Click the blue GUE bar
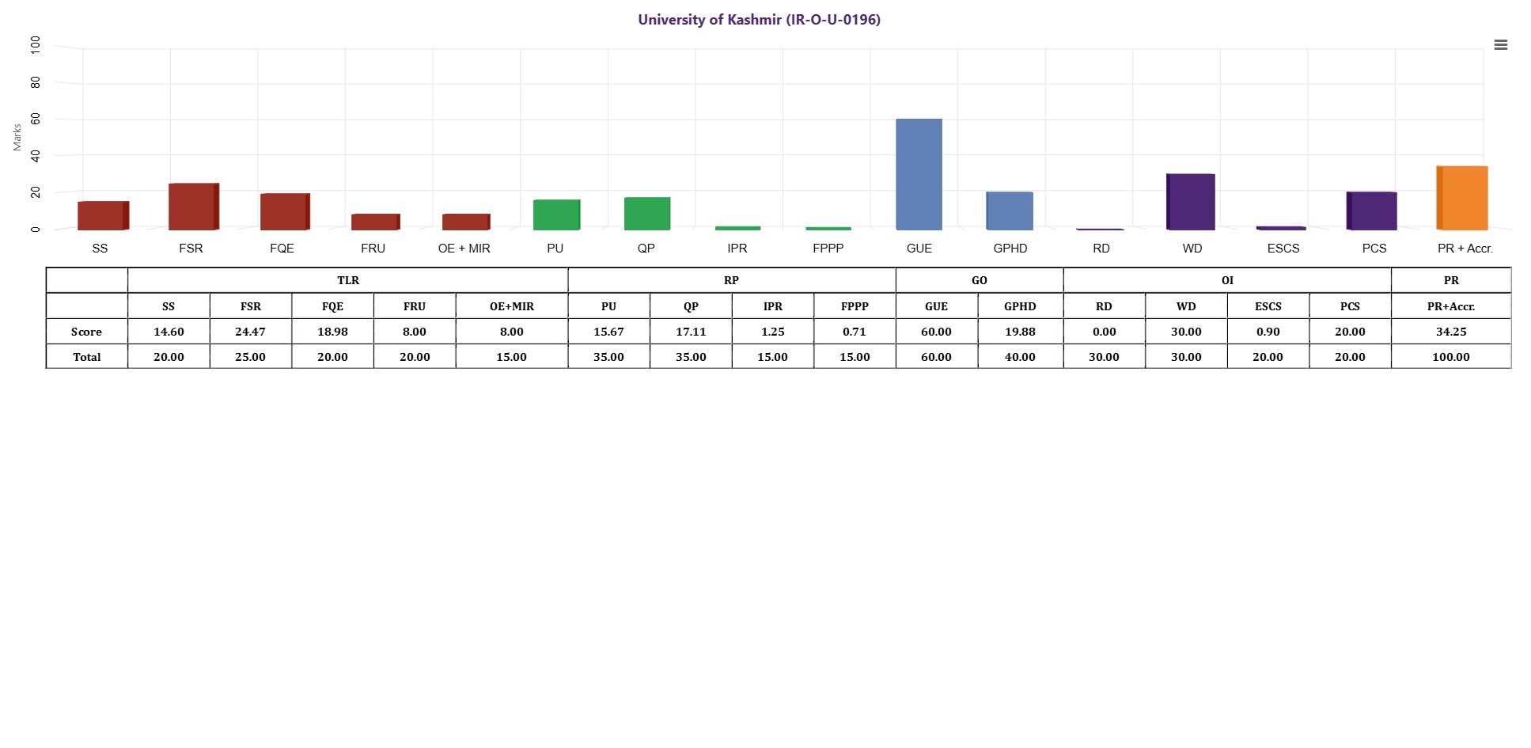pos(919,174)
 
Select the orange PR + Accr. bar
pos(1462,198)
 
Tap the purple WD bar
pos(1191,202)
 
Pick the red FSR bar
pos(194,207)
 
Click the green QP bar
pos(647,214)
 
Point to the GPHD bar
pos(1010,211)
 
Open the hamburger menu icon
pos(1500,45)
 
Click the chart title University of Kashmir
pos(760,20)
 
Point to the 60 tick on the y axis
pos(36,119)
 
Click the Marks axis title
pos(17,137)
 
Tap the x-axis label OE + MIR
pos(464,249)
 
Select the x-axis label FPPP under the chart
pos(828,249)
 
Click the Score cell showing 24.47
pos(251,332)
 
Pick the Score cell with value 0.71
pos(855,332)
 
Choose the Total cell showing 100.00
pos(1451,357)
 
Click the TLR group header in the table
pos(348,280)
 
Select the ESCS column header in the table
pos(1268,306)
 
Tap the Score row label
pos(87,332)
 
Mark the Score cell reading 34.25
pos(1451,332)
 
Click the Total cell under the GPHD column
pos(1020,357)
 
